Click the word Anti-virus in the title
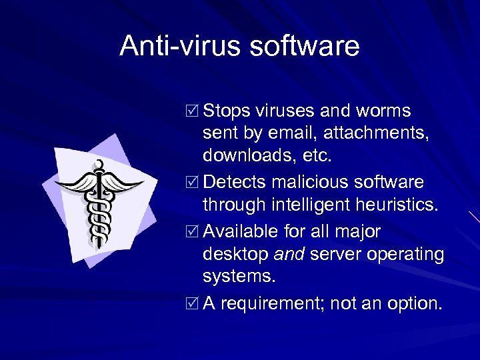pos(171,46)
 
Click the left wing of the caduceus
pos(75,183)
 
